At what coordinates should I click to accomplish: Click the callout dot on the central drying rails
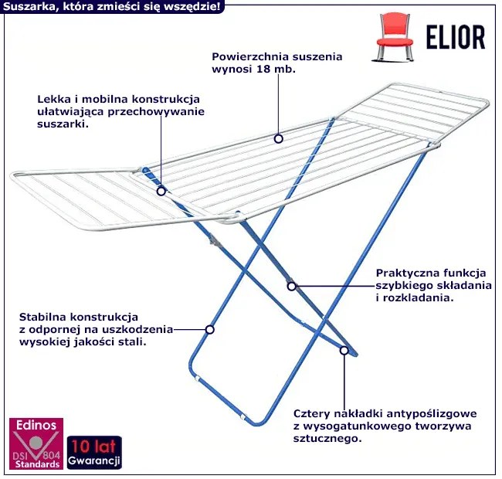(278, 138)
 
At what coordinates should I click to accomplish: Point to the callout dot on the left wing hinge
(161, 189)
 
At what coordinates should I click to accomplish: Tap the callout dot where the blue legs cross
(291, 286)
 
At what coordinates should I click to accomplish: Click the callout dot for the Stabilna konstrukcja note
(209, 328)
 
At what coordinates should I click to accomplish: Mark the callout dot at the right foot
(344, 350)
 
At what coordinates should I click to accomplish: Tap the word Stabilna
(43, 317)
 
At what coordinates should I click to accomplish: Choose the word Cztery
(311, 414)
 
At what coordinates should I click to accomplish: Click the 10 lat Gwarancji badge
(94, 454)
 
